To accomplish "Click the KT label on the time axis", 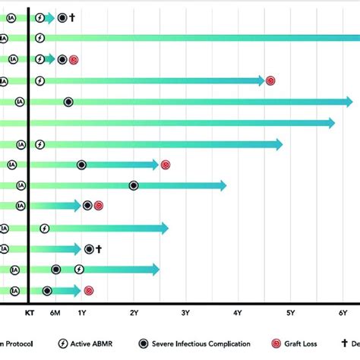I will click(x=29, y=312).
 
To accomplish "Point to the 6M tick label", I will click(x=55, y=312).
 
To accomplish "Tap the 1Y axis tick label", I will click(x=81, y=312).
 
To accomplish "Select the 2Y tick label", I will click(x=134, y=312).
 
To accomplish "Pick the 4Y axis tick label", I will click(x=238, y=312).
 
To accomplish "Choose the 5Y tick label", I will click(x=290, y=312).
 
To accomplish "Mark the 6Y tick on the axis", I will click(x=343, y=312).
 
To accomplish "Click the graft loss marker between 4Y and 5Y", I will click(x=270, y=80).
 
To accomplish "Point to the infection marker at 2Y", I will click(x=134, y=185).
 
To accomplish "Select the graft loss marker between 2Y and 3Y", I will click(x=166, y=163).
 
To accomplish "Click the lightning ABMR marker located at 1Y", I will click(x=79, y=269).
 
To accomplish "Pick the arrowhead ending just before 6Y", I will click(x=330, y=122).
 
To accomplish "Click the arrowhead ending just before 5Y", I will click(x=278, y=144).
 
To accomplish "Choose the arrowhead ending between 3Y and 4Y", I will click(x=222, y=185).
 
